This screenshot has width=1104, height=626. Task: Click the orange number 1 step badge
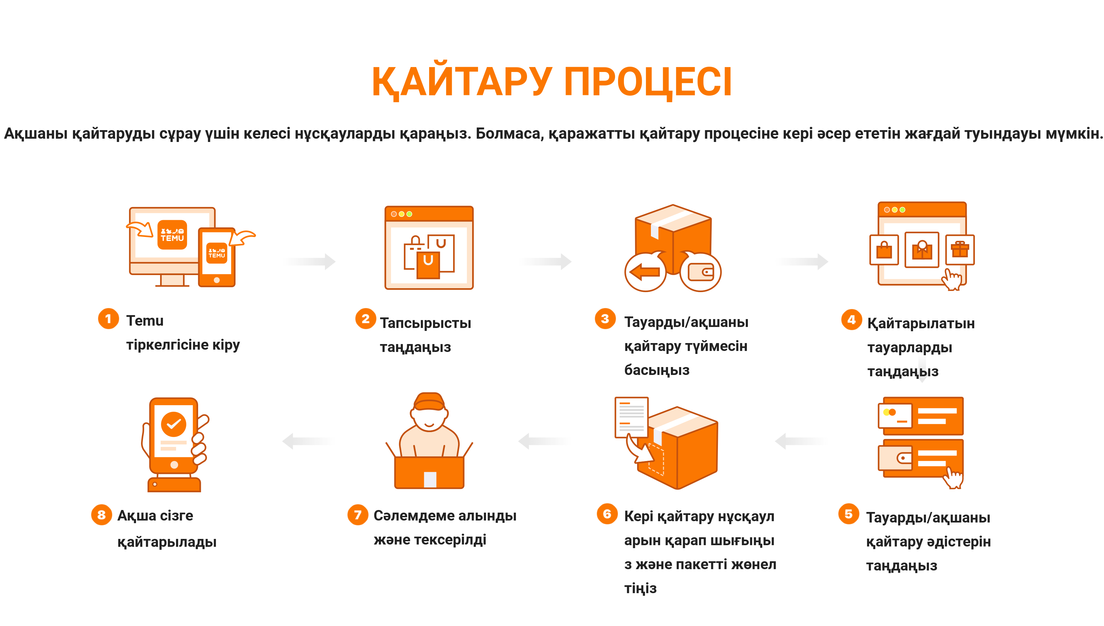point(108,319)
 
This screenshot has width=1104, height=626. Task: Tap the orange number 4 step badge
point(851,319)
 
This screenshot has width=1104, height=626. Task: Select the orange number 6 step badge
point(607,514)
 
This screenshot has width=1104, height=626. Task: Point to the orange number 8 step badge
point(102,515)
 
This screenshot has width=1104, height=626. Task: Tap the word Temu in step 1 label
point(145,321)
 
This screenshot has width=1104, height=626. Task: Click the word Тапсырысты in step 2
point(425,323)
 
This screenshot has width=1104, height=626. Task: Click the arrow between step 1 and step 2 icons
point(310,261)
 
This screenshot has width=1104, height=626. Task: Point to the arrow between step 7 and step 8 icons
point(308,441)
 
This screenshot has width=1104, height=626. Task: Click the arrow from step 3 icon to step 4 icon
point(802,261)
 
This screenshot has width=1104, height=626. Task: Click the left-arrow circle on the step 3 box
point(645,272)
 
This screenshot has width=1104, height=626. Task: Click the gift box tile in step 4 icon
point(959,250)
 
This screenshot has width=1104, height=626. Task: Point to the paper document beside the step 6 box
point(632,417)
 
